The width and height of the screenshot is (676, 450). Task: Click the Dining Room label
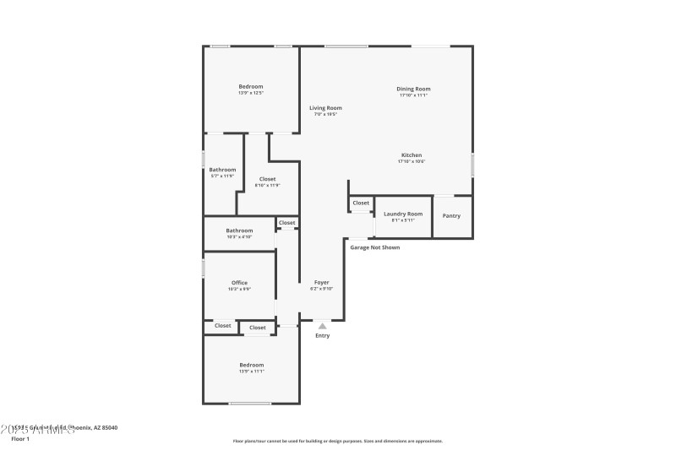point(414,89)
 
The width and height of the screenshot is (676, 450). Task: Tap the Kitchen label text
point(412,155)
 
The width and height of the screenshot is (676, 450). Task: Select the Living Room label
point(325,108)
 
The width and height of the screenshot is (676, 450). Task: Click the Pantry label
point(452,215)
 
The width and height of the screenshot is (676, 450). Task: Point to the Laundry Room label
point(403,214)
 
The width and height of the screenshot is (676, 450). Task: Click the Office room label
point(239,283)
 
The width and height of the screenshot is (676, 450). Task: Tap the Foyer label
point(322,282)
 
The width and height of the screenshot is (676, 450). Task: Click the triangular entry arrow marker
point(322,325)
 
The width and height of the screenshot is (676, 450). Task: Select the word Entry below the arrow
point(323,336)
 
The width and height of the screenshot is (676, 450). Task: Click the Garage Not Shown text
point(375,247)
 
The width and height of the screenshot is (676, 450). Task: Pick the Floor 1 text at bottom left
point(20,439)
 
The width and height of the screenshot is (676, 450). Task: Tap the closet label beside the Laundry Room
point(361,203)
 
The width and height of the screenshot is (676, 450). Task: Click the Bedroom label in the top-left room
point(251,86)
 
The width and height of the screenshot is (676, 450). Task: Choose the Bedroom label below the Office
point(251,365)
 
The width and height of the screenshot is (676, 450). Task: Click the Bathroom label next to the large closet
point(223,170)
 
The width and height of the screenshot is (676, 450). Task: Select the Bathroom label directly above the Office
point(239,230)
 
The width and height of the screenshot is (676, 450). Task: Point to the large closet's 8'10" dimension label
point(267,185)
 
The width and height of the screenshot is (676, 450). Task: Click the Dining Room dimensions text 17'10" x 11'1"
point(414,95)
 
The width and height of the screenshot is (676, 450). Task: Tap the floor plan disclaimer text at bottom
point(337,441)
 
